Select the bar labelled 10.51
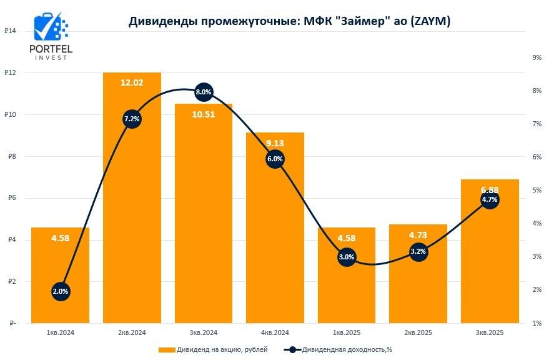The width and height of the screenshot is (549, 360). (204, 219)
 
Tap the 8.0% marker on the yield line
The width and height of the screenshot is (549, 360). (204, 92)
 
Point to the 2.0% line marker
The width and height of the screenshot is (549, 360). (61, 291)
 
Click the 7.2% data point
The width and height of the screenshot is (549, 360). (132, 119)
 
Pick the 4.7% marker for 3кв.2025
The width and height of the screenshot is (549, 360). (490, 200)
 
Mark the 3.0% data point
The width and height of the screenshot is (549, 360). (347, 256)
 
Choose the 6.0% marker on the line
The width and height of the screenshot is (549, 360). (275, 159)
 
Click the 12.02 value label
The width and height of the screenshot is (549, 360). (132, 82)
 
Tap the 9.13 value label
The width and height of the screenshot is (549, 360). (275, 142)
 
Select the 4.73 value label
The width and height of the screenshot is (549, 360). (418, 235)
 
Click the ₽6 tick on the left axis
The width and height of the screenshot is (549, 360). (11, 198)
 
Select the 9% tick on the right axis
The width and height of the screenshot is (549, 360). (536, 57)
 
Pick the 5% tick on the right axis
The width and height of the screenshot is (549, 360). (536, 190)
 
